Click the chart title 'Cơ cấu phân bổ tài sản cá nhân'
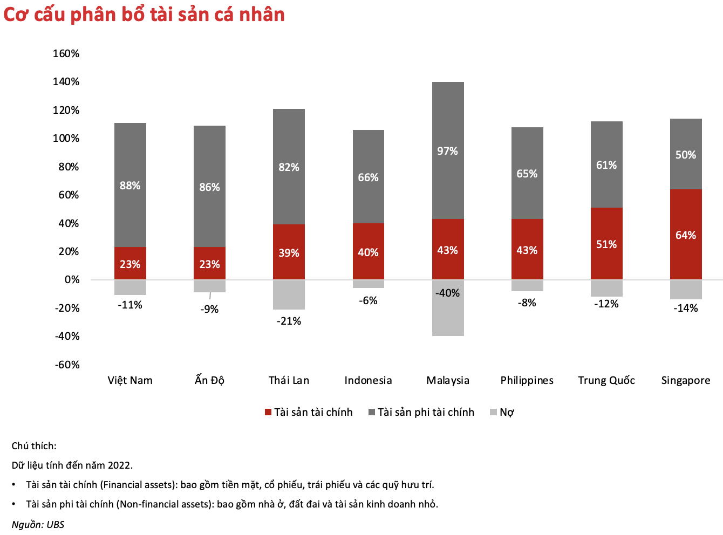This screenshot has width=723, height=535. click(144, 15)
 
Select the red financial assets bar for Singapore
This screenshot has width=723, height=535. click(686, 216)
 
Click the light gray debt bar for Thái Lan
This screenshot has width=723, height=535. click(289, 294)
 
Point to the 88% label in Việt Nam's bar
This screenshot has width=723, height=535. click(130, 186)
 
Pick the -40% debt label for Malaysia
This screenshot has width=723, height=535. click(448, 293)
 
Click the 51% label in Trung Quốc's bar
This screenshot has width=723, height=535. click(606, 244)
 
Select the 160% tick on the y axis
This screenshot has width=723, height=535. click(66, 53)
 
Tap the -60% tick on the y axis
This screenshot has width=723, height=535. click(67, 365)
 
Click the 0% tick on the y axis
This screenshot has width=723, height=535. click(72, 279)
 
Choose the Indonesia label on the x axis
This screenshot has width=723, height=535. click(368, 380)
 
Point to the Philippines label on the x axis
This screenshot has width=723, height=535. click(527, 380)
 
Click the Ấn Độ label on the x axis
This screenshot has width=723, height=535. click(209, 380)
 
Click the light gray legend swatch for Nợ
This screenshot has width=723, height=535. click(493, 412)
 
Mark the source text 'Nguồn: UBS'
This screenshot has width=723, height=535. click(38, 525)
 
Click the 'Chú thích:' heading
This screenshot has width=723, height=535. click(34, 445)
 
